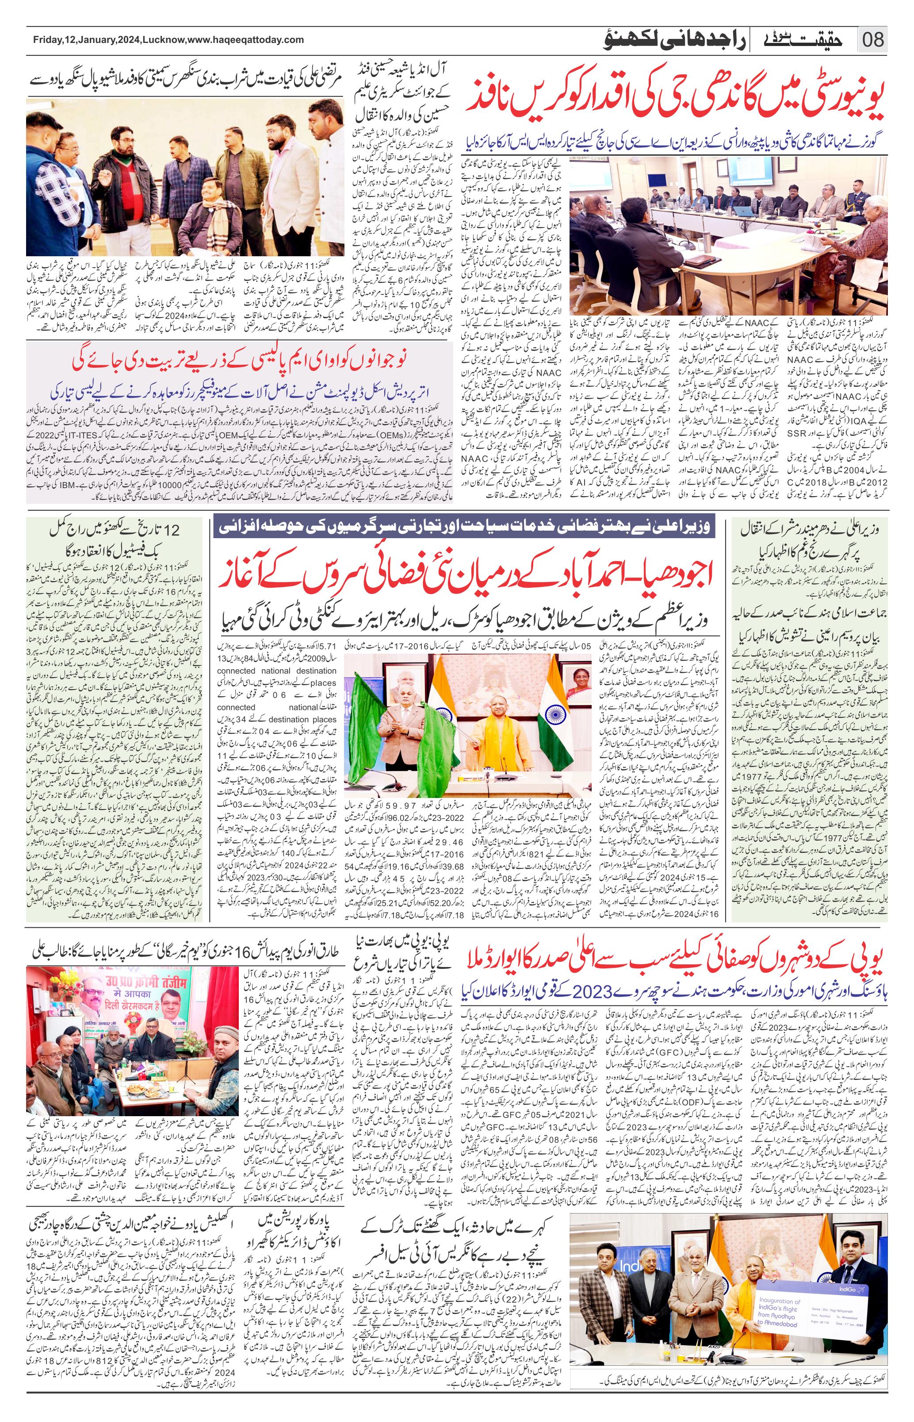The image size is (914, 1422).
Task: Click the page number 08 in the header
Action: (872, 40)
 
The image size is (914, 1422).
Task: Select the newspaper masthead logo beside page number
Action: (801, 40)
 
